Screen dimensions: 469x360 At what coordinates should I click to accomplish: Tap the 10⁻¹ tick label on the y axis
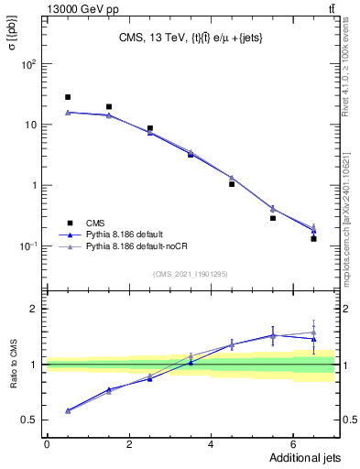pyautogui.click(x=28, y=245)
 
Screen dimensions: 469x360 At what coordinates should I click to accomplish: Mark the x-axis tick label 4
pyautogui.click(x=211, y=443)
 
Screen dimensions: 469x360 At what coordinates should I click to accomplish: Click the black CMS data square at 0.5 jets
pyautogui.click(x=68, y=97)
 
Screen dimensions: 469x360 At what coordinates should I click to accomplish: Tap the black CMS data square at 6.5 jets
pyautogui.click(x=313, y=238)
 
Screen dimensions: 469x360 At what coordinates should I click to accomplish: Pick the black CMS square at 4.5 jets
pyautogui.click(x=232, y=184)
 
